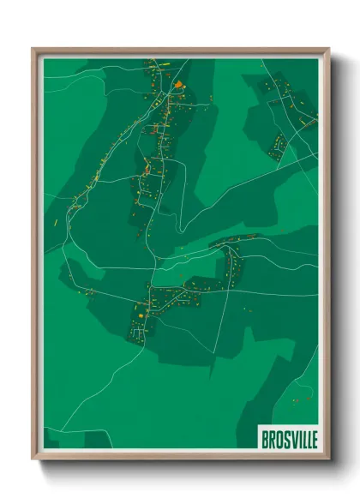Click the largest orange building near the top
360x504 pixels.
tap(178, 85)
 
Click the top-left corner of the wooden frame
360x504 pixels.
tap(33, 49)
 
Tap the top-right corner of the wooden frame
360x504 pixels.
tap(327, 49)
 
